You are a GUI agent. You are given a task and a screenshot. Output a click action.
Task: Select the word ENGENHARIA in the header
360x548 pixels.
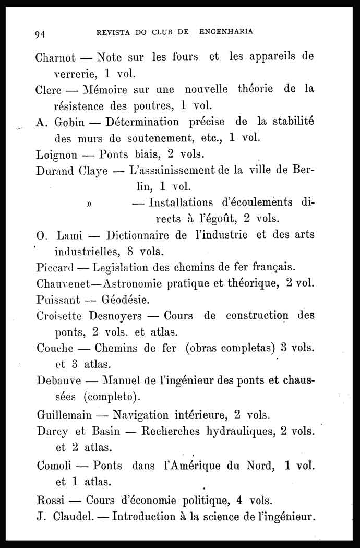click(x=226, y=32)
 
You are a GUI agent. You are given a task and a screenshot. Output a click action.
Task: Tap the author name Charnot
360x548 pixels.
click(x=56, y=57)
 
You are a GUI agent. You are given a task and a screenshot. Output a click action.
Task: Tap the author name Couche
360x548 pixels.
click(x=55, y=348)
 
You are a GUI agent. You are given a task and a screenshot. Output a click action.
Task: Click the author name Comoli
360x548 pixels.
click(x=54, y=465)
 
